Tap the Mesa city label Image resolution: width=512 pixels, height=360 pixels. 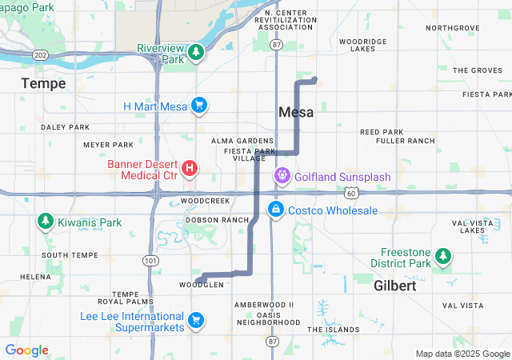pyautogui.click(x=296, y=113)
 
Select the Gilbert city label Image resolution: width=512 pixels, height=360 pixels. pyautogui.click(x=395, y=286)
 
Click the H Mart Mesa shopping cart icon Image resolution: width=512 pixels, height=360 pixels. pyautogui.click(x=199, y=106)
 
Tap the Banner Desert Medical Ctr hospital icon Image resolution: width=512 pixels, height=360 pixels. pyautogui.click(x=190, y=168)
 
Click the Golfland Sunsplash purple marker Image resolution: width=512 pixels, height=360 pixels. pyautogui.click(x=282, y=175)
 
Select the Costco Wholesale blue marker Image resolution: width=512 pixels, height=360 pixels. pyautogui.click(x=275, y=210)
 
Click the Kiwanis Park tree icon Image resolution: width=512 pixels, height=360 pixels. pyautogui.click(x=46, y=222)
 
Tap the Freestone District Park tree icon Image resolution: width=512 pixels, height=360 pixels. pyautogui.click(x=443, y=257)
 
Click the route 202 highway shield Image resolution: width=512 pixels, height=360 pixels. pyautogui.click(x=40, y=54)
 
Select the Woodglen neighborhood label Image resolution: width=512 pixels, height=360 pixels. pyautogui.click(x=196, y=285)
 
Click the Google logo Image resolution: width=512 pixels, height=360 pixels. pyautogui.click(x=26, y=350)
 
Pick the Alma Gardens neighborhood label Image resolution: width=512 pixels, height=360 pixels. pyautogui.click(x=242, y=141)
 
